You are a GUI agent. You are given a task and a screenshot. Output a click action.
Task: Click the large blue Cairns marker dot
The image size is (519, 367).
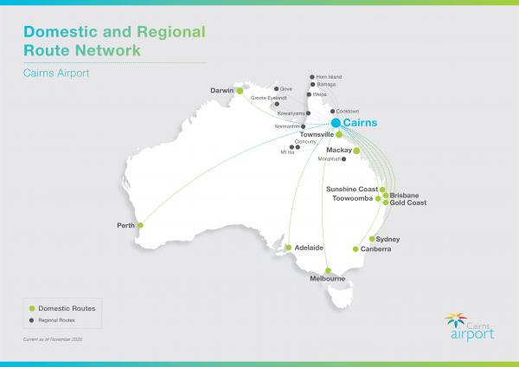(336, 123)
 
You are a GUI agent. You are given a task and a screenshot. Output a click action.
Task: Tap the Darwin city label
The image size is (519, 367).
(223, 90)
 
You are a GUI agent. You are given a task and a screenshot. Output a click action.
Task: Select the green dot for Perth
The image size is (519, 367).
(140, 226)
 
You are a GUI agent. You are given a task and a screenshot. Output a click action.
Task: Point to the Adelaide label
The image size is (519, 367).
(309, 248)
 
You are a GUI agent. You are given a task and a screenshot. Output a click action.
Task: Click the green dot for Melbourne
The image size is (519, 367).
(329, 270)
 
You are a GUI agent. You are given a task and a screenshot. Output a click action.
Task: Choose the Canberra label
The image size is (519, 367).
(375, 249)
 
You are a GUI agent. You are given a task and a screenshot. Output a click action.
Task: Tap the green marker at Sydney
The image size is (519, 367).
(372, 239)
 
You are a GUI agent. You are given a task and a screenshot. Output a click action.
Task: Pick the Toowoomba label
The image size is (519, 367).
(352, 198)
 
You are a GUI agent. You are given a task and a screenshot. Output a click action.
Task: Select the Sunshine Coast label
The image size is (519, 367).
(352, 189)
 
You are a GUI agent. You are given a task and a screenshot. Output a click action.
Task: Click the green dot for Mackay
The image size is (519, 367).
(356, 151)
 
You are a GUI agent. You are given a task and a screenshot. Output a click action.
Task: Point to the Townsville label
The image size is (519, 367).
(317, 135)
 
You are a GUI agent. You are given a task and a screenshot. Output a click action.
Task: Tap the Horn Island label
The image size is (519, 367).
(329, 77)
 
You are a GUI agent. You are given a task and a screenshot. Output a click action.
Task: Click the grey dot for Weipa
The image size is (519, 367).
(309, 94)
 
